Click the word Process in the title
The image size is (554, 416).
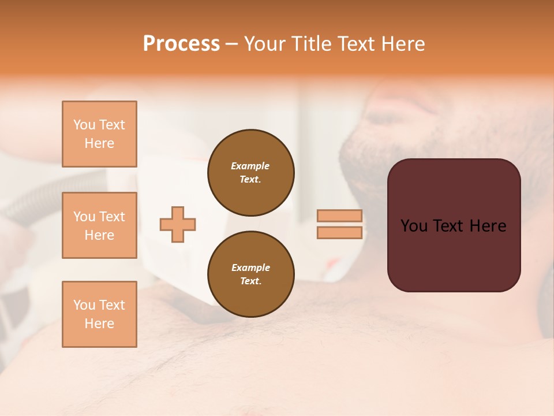181,43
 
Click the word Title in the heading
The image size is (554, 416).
309,44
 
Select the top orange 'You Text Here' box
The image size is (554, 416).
99,134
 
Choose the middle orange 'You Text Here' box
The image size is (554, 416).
99,225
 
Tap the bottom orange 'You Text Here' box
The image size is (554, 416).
99,314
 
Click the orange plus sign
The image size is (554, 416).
178,224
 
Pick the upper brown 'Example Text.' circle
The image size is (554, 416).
250,172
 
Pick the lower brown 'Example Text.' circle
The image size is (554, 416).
250,274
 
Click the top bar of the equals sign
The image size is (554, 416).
339,216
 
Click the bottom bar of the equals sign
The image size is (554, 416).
339,232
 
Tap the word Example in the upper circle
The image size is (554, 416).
250,166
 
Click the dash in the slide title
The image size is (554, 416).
231,44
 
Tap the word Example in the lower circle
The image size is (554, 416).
250,268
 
